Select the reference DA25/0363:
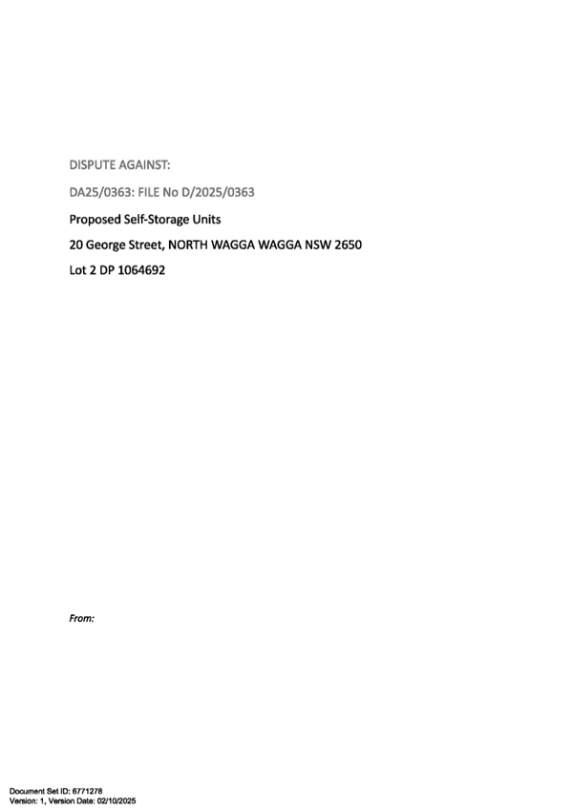tap(102, 192)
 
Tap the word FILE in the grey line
tap(149, 192)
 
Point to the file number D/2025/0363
tap(219, 192)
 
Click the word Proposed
tap(95, 220)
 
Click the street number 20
tap(75, 245)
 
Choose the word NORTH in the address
tap(188, 245)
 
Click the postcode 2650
tap(348, 245)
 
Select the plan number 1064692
tap(141, 270)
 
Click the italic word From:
tap(81, 618)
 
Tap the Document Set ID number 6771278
tap(87, 791)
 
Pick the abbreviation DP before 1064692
tap(107, 270)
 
